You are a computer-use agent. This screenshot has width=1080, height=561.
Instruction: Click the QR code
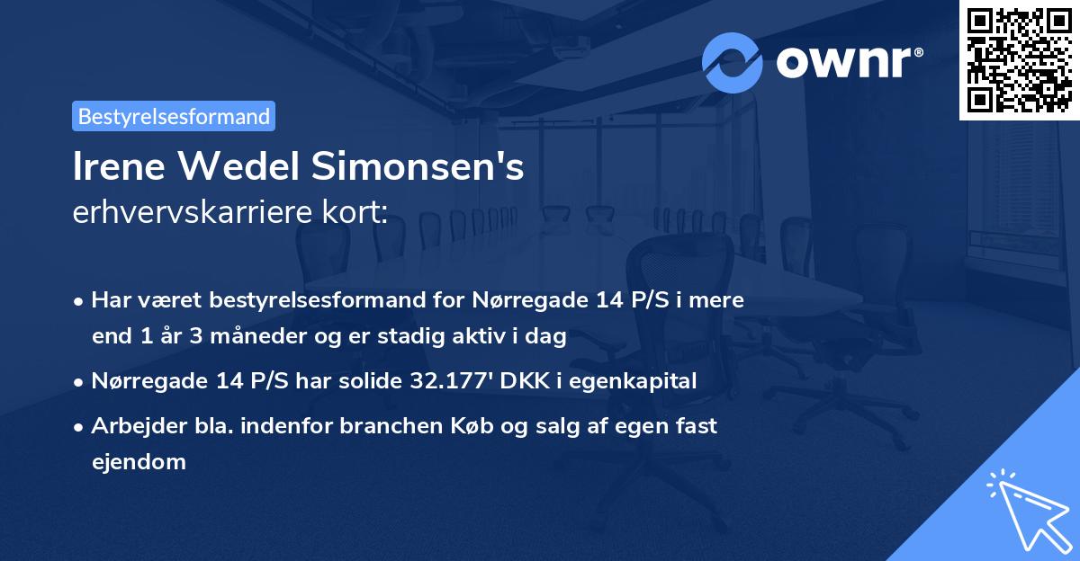click(1020, 59)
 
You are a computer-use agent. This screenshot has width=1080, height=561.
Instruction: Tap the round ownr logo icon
click(733, 63)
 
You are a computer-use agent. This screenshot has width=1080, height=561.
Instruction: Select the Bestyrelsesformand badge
click(173, 116)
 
